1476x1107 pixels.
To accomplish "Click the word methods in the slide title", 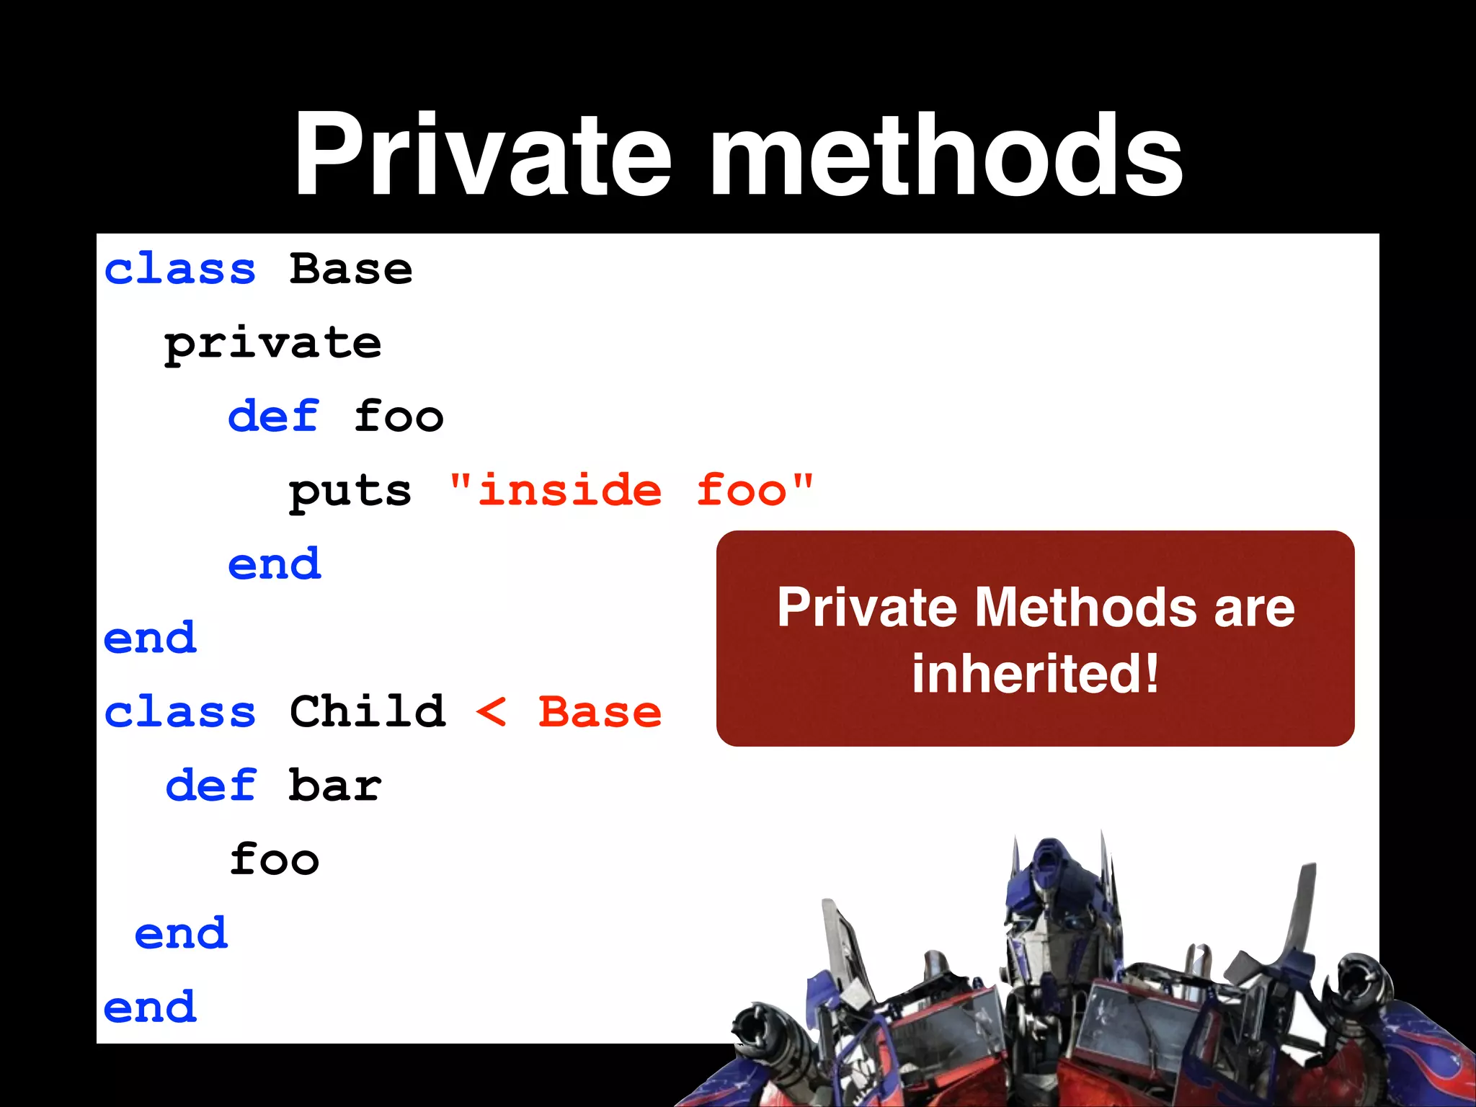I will click(x=946, y=155).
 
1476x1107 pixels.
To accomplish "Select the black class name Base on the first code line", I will click(x=351, y=270).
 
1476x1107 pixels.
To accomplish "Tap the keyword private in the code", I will click(x=272, y=344).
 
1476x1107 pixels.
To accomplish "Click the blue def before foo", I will click(x=273, y=417).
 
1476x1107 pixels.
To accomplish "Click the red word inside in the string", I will click(x=569, y=491).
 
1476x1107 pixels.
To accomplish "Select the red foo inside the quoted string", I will click(x=742, y=491).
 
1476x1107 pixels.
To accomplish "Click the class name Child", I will click(x=368, y=711).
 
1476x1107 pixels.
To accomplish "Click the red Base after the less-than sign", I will click(x=600, y=712).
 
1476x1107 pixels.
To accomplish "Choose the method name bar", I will click(x=335, y=786).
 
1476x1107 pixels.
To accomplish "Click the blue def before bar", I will click(x=211, y=786).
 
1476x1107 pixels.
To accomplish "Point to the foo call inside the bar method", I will click(x=274, y=860).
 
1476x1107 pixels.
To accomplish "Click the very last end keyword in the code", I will click(x=150, y=1008).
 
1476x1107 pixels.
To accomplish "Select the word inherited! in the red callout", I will click(x=1036, y=673).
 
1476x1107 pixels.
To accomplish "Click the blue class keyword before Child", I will click(x=180, y=712).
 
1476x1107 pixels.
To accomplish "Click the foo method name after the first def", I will click(x=399, y=417).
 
